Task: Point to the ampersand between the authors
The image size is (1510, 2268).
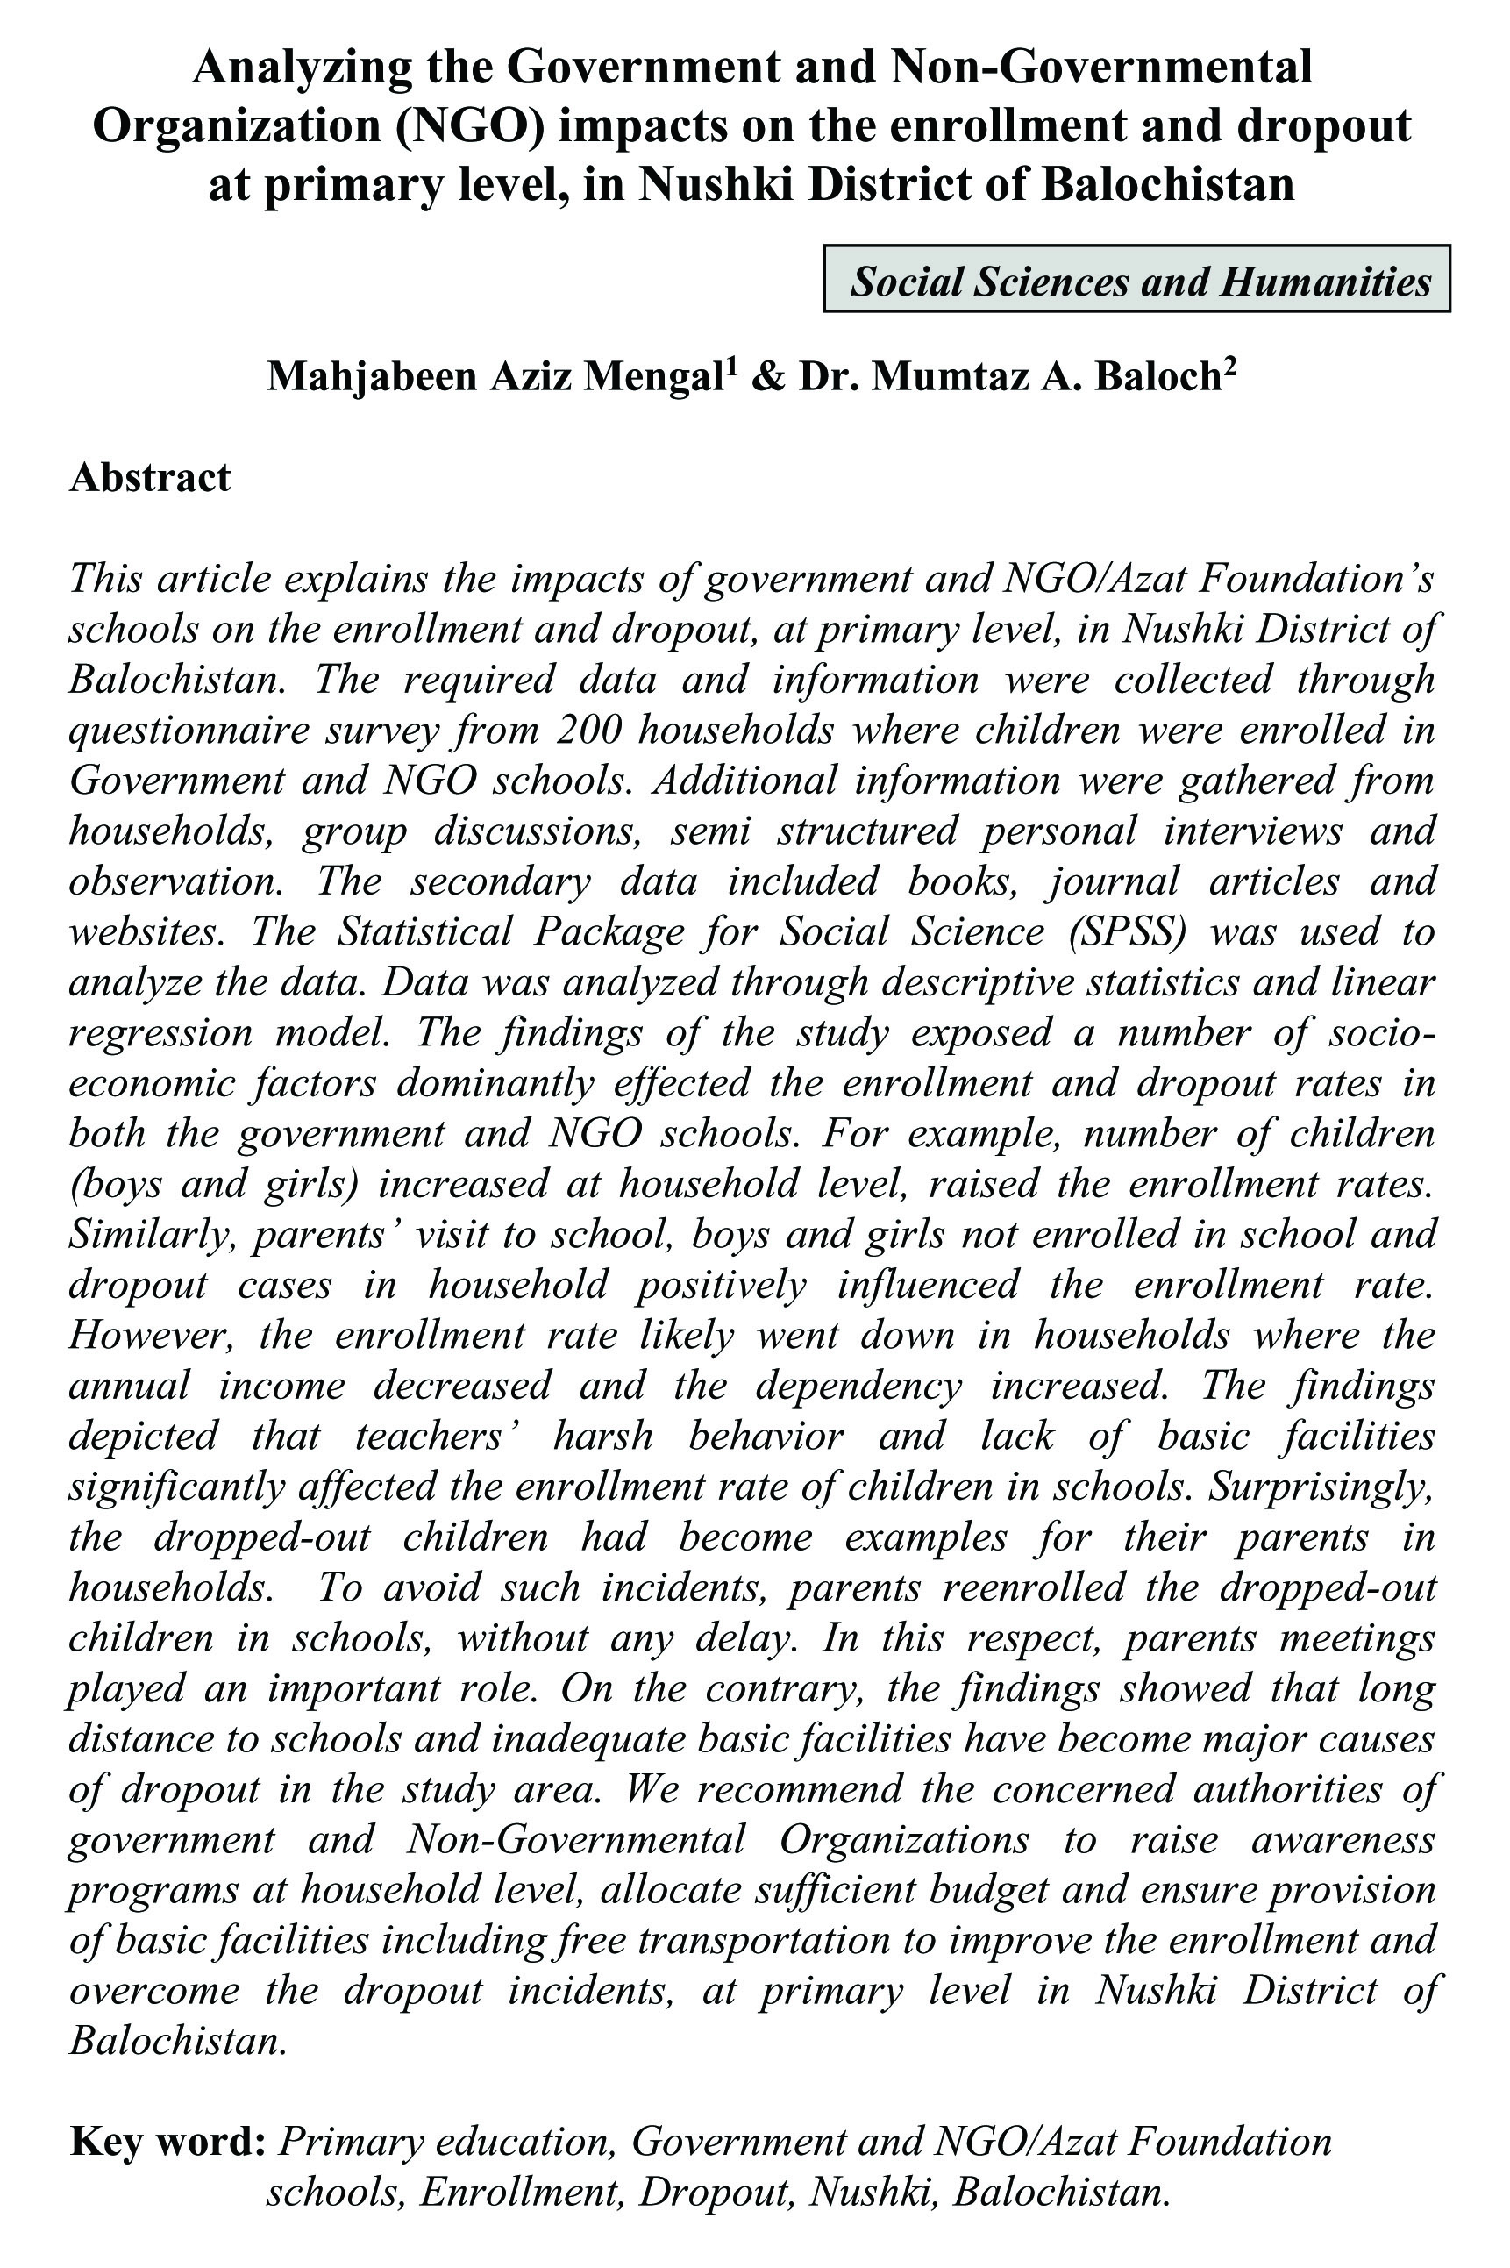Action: click(x=766, y=377)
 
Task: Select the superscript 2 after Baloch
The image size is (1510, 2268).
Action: click(x=1229, y=366)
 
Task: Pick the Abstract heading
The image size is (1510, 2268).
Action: click(x=150, y=478)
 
